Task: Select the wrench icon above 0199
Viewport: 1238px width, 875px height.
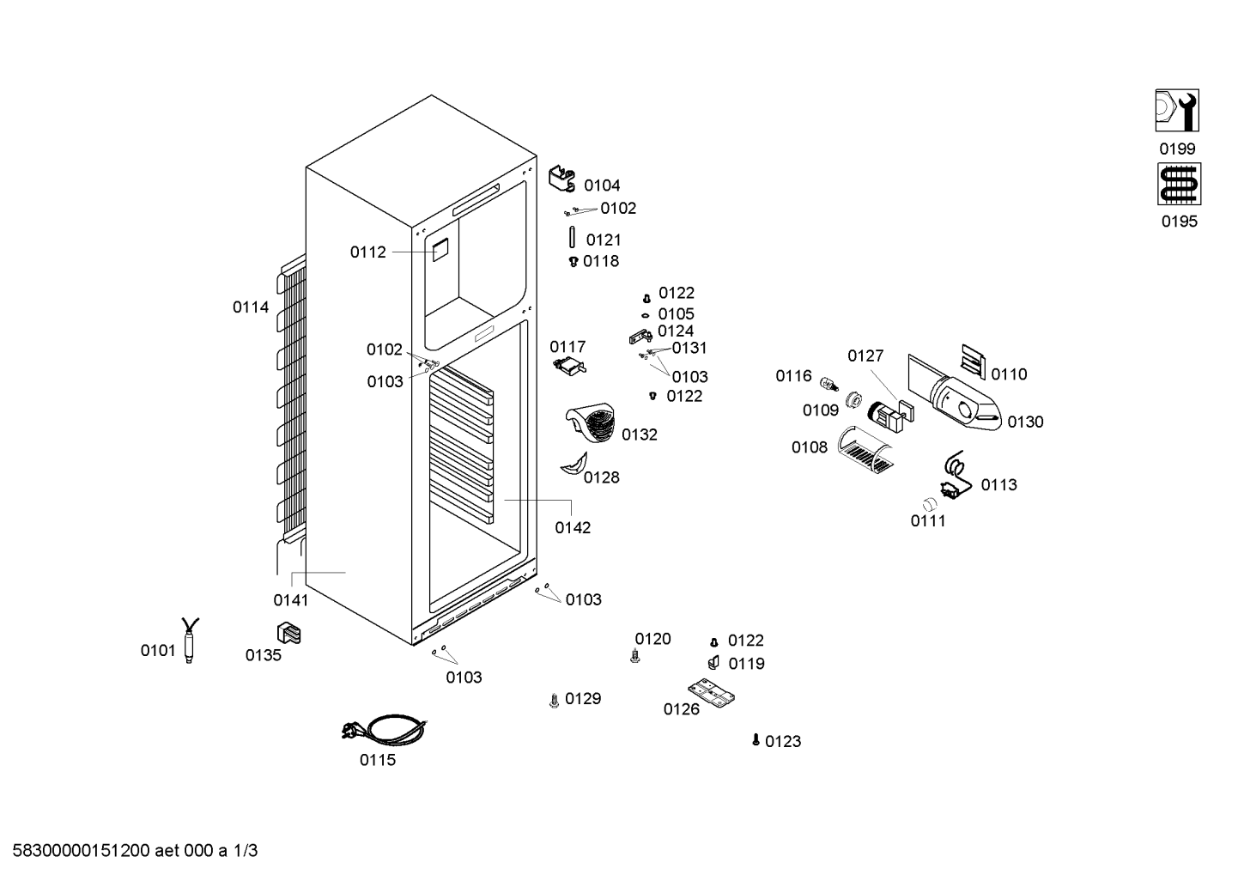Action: (x=1177, y=111)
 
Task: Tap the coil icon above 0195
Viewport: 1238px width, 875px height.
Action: (x=1179, y=184)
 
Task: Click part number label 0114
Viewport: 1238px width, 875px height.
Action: (x=251, y=307)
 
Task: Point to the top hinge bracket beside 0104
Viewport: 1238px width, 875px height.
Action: (x=562, y=179)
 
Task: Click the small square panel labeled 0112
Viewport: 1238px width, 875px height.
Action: (x=440, y=251)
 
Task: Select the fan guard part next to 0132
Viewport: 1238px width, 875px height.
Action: (x=591, y=422)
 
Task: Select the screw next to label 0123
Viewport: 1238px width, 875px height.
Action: (x=756, y=739)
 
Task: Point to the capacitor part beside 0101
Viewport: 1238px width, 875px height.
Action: (x=190, y=641)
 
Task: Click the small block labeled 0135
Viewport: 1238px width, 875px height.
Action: (x=288, y=633)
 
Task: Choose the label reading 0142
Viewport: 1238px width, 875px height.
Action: (x=573, y=528)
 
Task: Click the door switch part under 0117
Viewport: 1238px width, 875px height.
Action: (x=569, y=367)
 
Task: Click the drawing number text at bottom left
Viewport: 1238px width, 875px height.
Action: (x=135, y=851)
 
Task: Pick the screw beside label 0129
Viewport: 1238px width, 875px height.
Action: (x=555, y=701)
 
